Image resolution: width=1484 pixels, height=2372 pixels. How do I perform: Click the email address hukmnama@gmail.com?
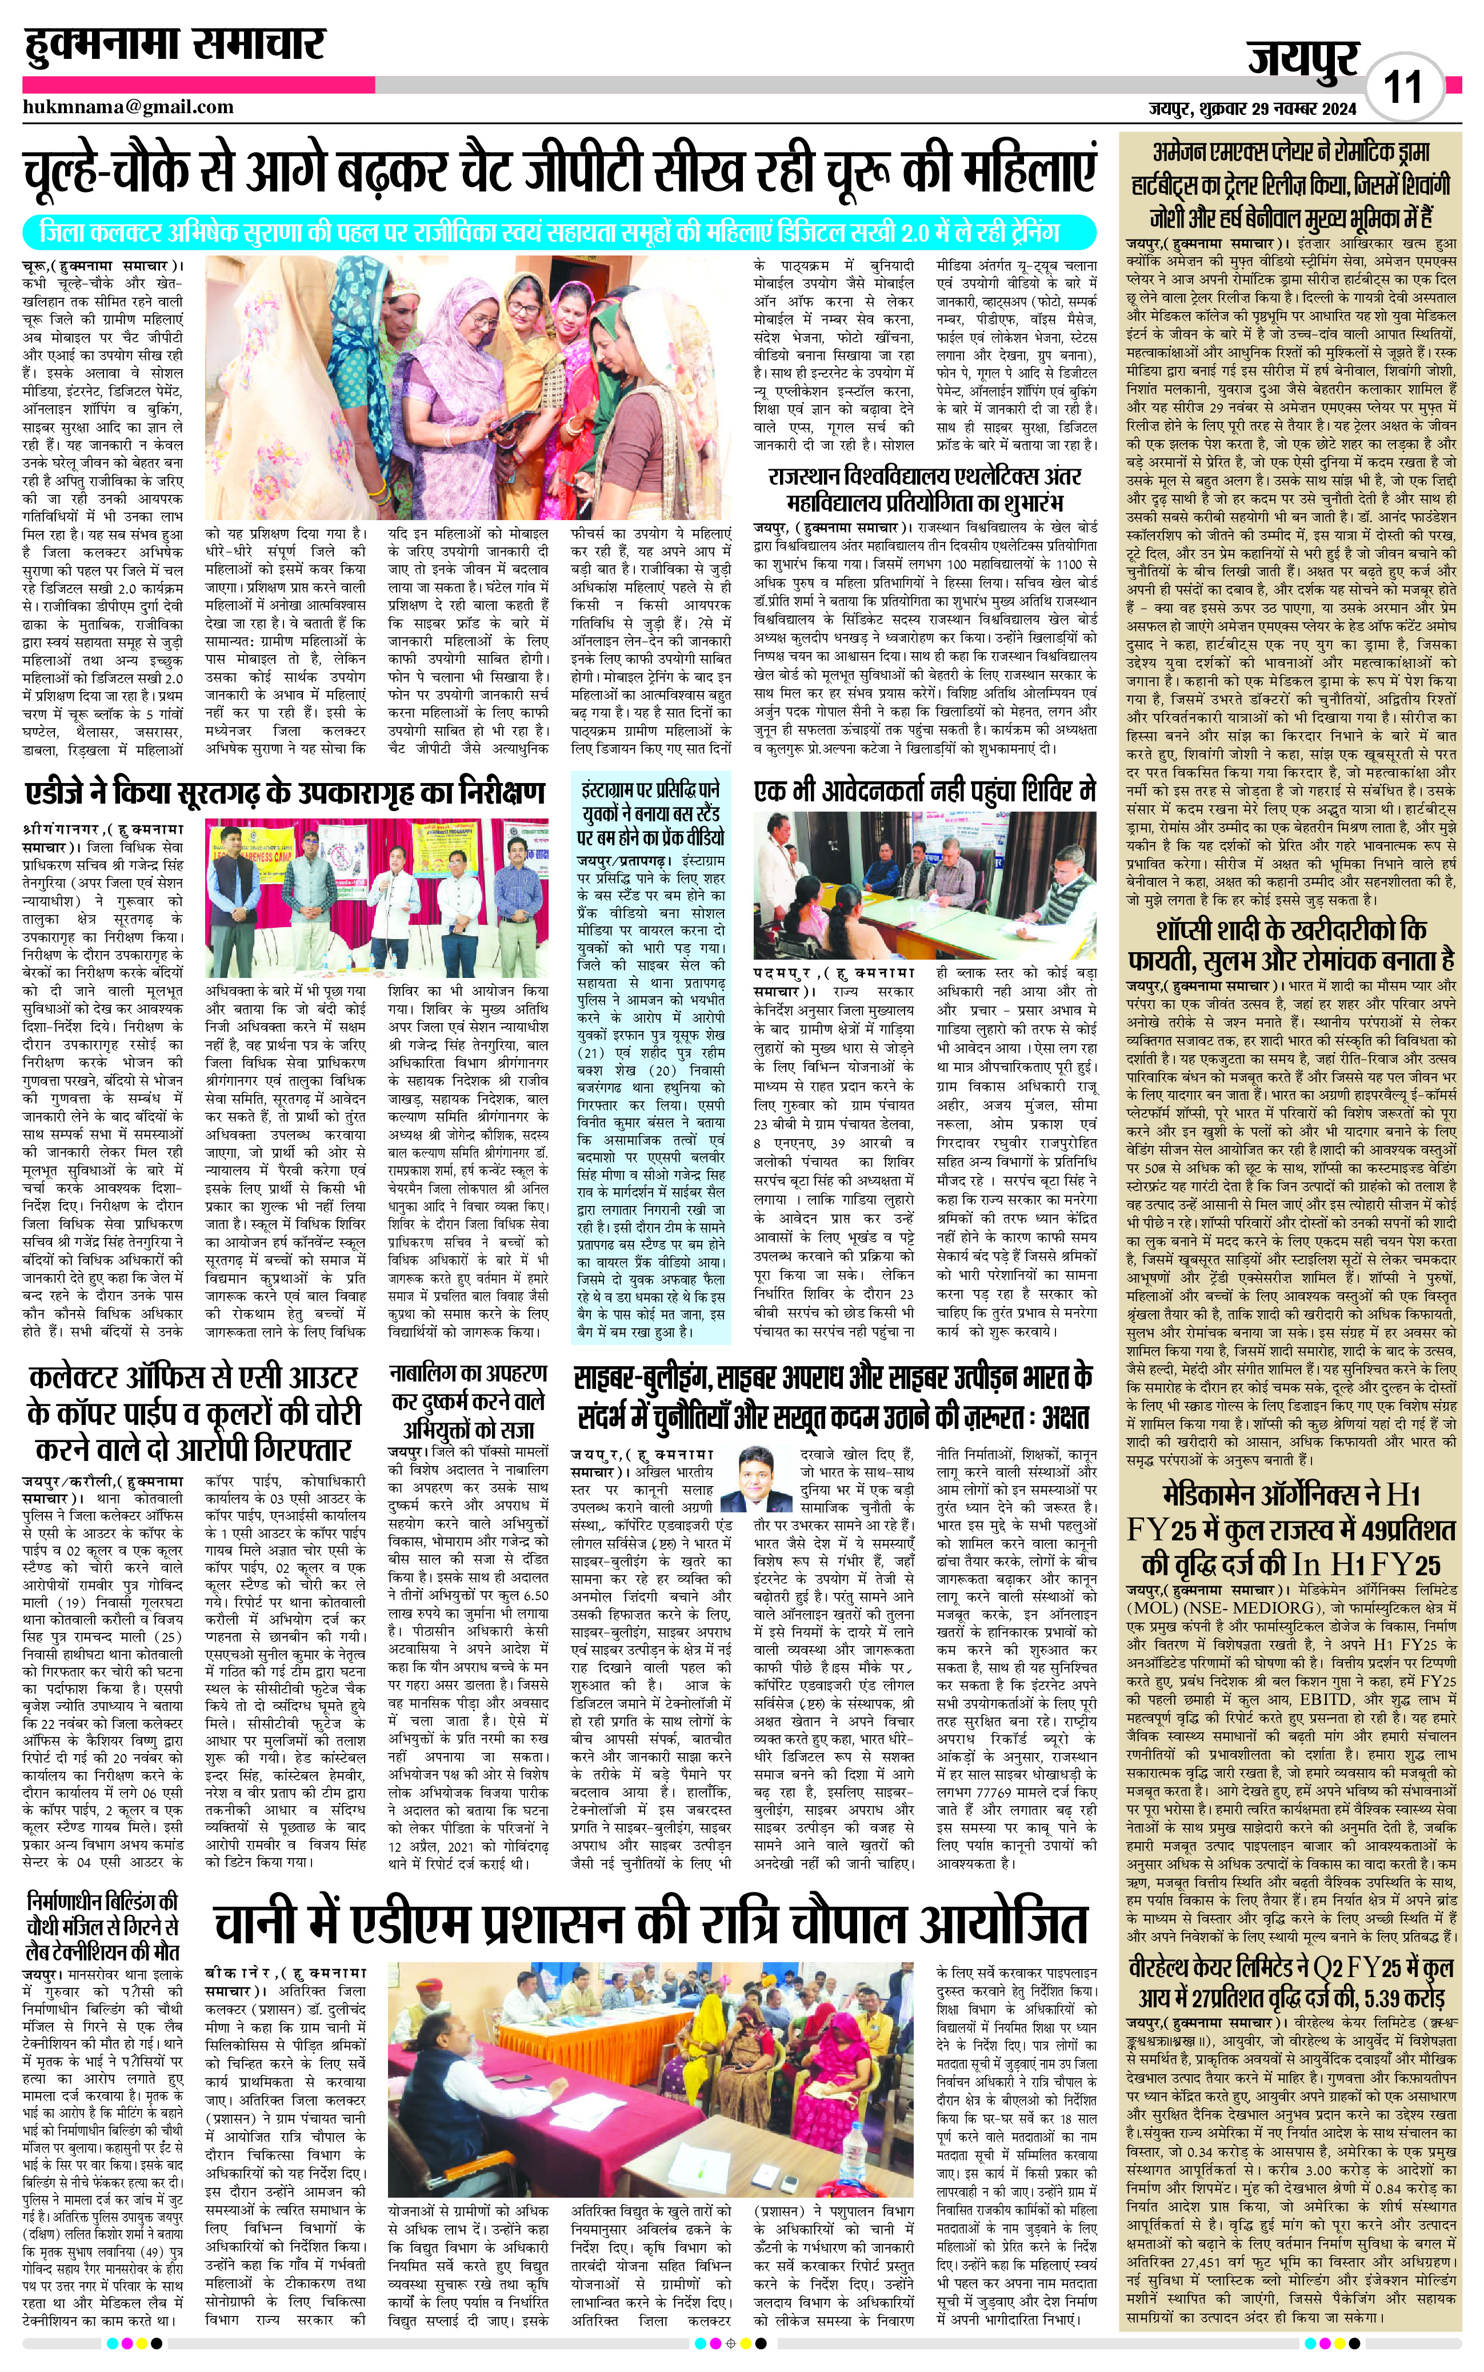click(127, 107)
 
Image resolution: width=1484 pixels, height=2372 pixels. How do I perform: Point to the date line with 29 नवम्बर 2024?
click(1253, 108)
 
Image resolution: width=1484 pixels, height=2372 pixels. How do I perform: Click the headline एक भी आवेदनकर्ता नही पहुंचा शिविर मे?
click(925, 791)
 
